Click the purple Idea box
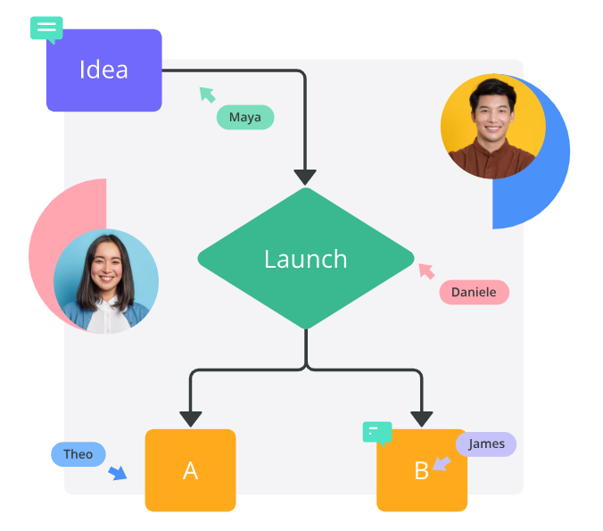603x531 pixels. point(103,71)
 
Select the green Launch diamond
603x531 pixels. point(306,259)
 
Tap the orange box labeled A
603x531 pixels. point(190,470)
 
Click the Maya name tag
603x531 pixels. point(245,117)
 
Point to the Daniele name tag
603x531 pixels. point(474,292)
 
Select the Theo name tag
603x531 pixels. point(78,454)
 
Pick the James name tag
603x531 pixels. point(486,444)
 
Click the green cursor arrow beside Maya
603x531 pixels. point(207,94)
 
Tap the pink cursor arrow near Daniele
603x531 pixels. point(426,270)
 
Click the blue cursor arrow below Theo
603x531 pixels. point(118,473)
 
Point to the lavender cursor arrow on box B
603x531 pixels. point(441,463)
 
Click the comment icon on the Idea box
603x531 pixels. point(46,28)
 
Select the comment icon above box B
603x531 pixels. point(377,433)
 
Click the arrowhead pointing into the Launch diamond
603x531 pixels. point(306,177)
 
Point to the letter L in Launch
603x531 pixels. point(269,259)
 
